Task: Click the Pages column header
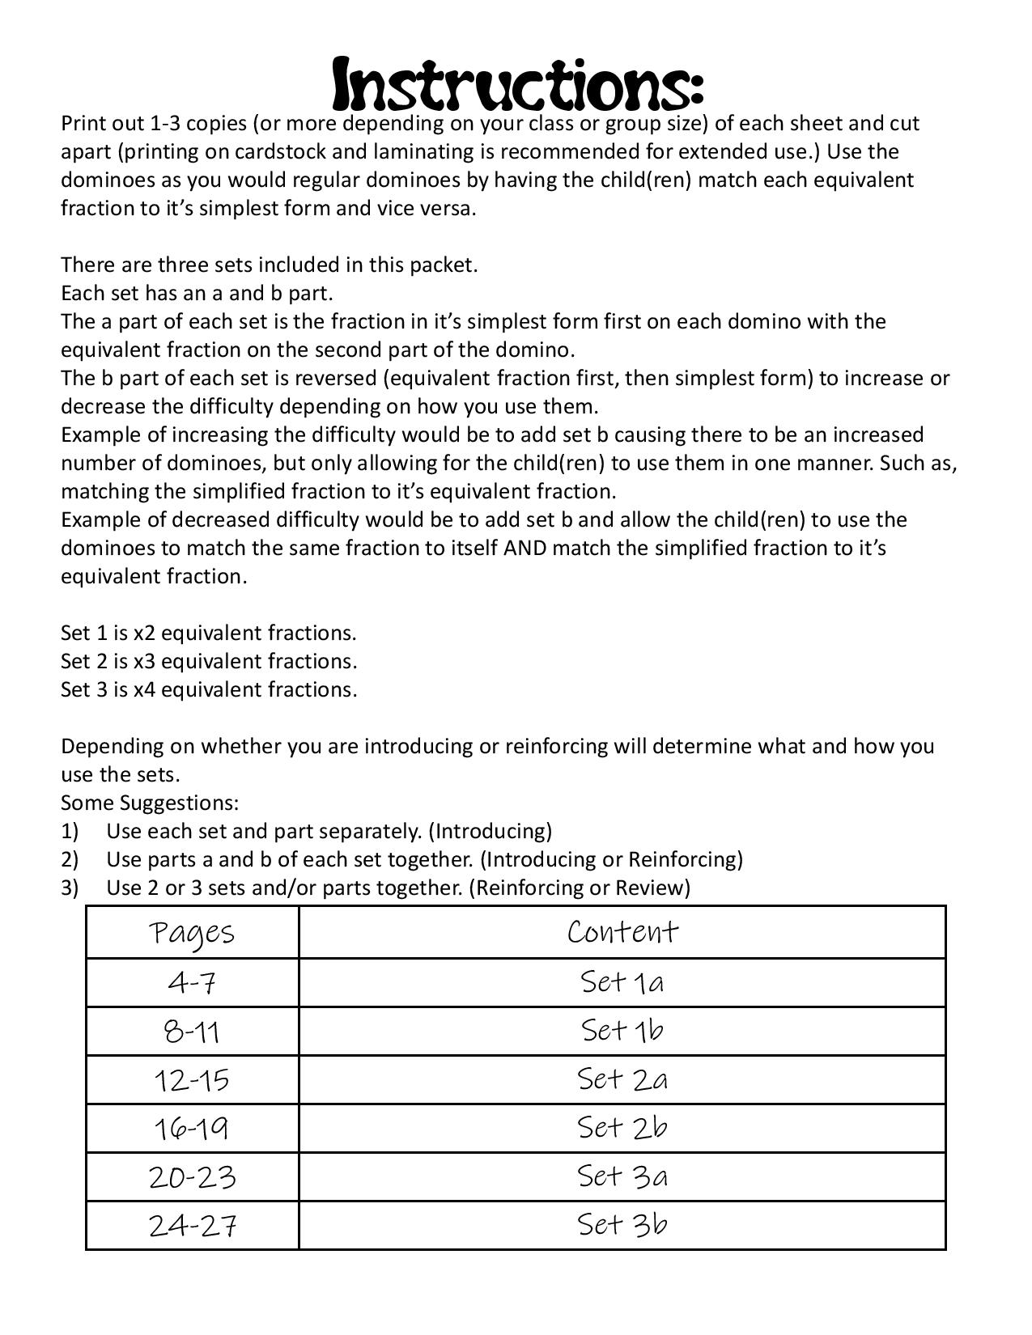[192, 933]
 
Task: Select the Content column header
[622, 932]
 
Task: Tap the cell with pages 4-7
[192, 983]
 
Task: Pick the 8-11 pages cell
[192, 1032]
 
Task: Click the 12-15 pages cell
[192, 1080]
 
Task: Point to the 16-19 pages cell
[192, 1129]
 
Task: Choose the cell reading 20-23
[192, 1177]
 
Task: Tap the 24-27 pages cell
[192, 1226]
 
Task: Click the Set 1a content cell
[622, 982]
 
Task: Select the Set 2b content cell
[622, 1128]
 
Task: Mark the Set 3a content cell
[622, 1176]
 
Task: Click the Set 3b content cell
[622, 1225]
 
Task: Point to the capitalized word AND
[524, 549]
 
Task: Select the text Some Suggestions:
[150, 803]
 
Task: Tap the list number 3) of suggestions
[70, 888]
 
